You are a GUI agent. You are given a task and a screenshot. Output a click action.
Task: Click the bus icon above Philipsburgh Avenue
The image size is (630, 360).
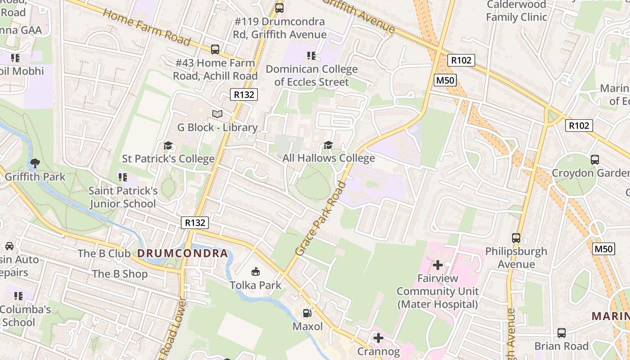coord(516,238)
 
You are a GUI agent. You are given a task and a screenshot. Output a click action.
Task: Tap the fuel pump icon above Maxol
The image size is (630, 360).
coord(307,313)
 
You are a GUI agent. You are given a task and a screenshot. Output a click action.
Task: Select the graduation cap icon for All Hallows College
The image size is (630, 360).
coord(328,145)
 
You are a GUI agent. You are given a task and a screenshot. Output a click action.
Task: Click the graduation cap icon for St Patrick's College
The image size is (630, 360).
coord(168,146)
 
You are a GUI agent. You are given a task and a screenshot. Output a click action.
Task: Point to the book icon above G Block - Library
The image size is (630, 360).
coord(217,114)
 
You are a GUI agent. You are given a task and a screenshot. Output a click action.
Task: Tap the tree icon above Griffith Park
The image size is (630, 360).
coord(35,163)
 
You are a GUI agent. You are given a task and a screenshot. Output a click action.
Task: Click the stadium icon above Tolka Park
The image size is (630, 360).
coord(256,271)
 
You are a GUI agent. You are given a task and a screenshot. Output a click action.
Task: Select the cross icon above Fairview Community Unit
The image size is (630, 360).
coord(437,265)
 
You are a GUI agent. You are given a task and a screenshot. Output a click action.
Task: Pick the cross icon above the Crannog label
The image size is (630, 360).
coord(378,337)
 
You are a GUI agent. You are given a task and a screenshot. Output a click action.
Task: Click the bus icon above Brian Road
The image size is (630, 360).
coord(562,333)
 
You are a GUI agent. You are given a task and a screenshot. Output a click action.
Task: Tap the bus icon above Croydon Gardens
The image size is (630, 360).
coord(595,159)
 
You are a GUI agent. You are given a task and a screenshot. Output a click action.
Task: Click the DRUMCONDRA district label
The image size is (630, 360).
coord(183,253)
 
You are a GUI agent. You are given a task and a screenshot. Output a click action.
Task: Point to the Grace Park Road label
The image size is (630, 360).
coord(321,219)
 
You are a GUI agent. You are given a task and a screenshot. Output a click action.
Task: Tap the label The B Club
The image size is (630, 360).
coord(104,253)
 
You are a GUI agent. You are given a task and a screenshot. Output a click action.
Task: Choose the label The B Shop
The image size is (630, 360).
coord(120,274)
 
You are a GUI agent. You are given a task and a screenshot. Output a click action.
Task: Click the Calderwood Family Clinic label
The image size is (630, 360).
coord(516,11)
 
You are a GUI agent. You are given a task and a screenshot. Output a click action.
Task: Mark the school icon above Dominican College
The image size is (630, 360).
coord(311,56)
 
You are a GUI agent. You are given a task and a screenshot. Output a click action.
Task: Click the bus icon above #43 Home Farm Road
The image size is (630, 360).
coord(215,49)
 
